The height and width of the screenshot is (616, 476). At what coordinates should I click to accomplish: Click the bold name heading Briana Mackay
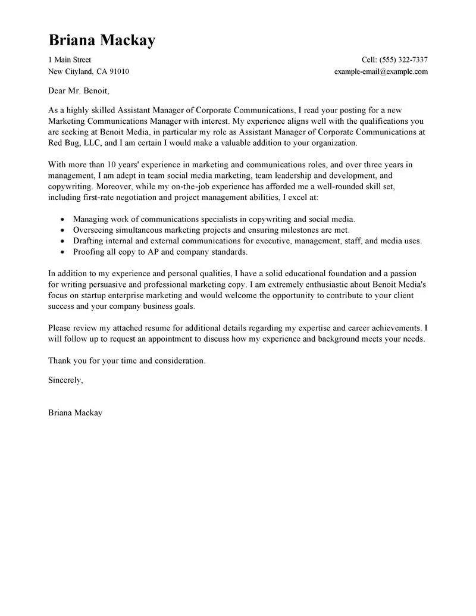click(x=102, y=40)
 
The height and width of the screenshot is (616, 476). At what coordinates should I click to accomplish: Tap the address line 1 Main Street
click(x=70, y=60)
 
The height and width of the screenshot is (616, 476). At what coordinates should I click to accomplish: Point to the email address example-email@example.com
click(x=381, y=71)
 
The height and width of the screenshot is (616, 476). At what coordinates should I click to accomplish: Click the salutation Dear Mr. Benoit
click(x=79, y=92)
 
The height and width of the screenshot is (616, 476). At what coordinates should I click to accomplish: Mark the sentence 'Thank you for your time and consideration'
click(x=127, y=360)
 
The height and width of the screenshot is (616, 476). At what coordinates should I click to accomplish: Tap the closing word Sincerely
click(x=65, y=380)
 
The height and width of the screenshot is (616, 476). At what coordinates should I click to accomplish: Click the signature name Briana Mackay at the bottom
click(x=75, y=412)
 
